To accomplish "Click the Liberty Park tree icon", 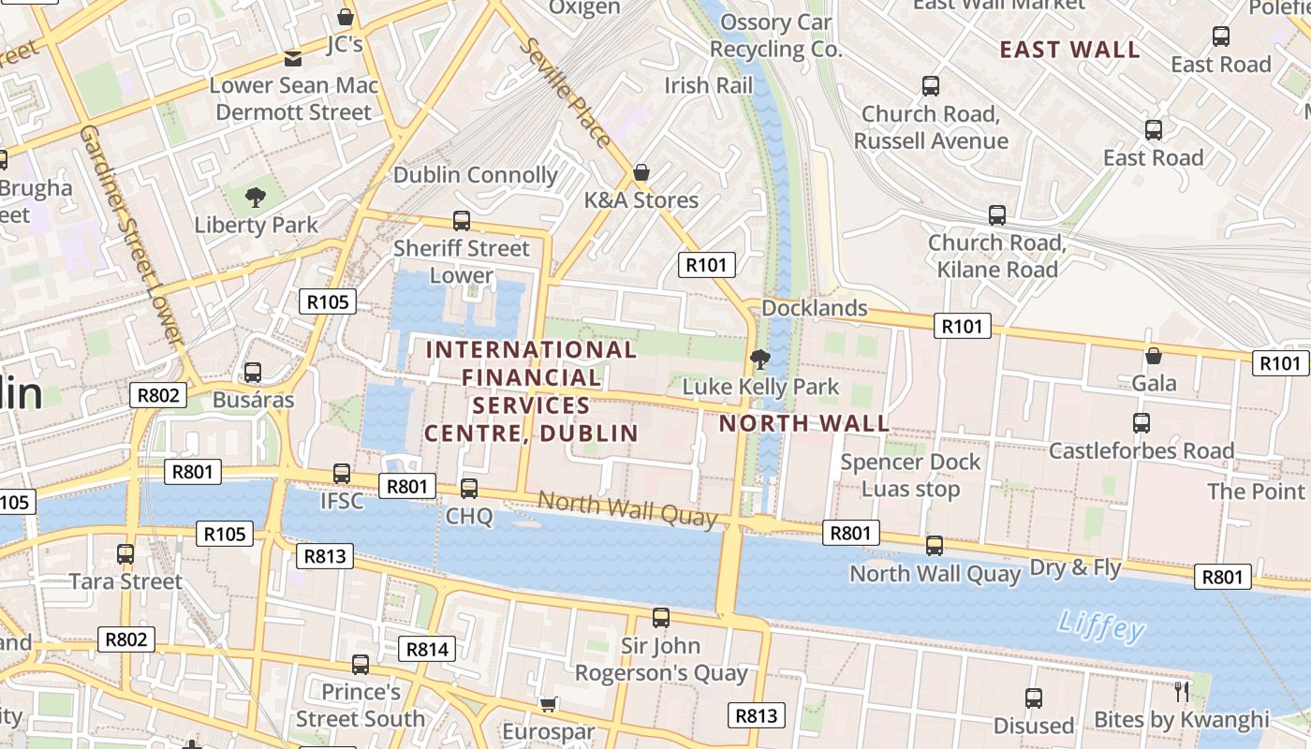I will (x=255, y=198).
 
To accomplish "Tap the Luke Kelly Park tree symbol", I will (x=760, y=359).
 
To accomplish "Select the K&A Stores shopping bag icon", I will (x=641, y=173).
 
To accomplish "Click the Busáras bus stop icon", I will (x=253, y=373).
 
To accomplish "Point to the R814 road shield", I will (x=427, y=649).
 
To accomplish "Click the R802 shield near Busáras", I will (x=157, y=395).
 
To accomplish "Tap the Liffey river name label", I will (x=1101, y=625).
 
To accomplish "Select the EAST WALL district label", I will (x=1069, y=50).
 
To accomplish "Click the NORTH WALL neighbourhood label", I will (x=803, y=423).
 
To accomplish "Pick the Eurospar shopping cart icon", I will (x=549, y=703).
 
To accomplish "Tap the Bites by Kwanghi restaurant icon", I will (x=1182, y=692).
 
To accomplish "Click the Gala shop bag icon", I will (x=1154, y=356).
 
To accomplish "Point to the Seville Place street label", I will (x=568, y=92).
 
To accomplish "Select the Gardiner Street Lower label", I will (x=130, y=233).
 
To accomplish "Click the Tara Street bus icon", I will (x=125, y=554).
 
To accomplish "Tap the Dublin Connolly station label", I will (x=475, y=175).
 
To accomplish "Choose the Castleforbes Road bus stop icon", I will (x=1141, y=423).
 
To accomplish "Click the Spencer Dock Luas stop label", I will (x=910, y=476).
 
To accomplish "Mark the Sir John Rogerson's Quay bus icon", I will (x=661, y=618).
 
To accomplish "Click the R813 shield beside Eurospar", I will (x=756, y=716).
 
